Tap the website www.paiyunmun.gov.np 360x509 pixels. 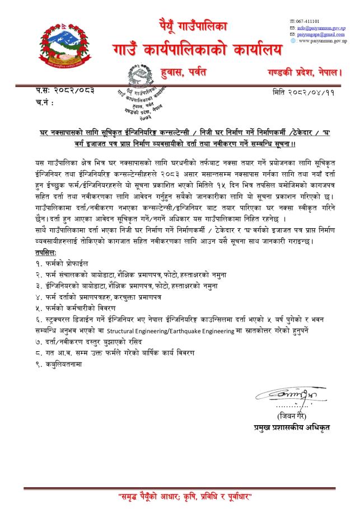point(321,41)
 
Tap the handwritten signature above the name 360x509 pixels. point(291,396)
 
